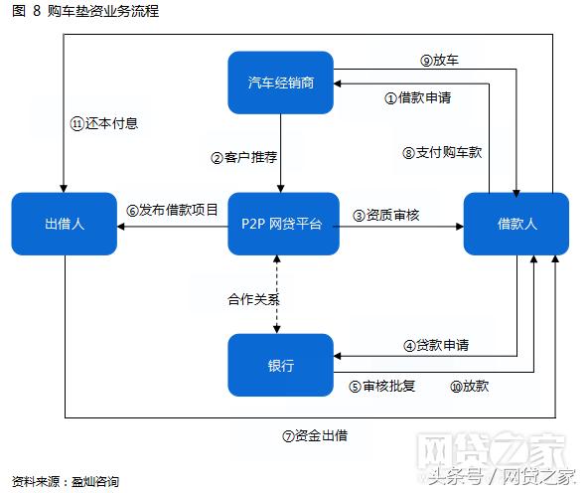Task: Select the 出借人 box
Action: (x=65, y=225)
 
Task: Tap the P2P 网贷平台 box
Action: (x=281, y=225)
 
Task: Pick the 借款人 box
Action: (x=516, y=225)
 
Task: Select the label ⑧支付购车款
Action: (x=442, y=152)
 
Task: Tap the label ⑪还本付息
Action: (x=103, y=123)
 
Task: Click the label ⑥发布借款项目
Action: (x=172, y=211)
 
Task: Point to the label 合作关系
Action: (x=250, y=297)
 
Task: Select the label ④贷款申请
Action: (x=436, y=345)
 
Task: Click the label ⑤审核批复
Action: (x=381, y=386)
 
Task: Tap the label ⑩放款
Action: (x=469, y=386)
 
